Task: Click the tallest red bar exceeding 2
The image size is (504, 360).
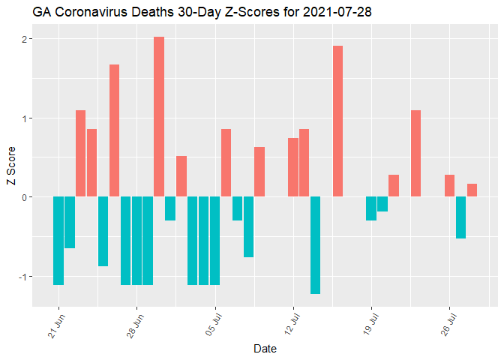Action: (x=159, y=116)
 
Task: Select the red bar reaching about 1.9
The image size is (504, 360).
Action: (x=338, y=121)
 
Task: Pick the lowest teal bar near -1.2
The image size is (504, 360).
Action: (x=316, y=245)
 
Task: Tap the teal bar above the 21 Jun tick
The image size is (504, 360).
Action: (x=58, y=241)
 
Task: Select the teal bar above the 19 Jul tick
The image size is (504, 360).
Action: (x=371, y=208)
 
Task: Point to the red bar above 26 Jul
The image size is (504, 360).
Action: (x=449, y=185)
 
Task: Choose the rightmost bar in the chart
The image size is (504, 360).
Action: (x=472, y=190)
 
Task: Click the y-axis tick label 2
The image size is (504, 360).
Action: (x=25, y=39)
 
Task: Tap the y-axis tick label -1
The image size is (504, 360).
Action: (x=22, y=276)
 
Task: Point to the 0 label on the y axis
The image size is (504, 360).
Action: (x=25, y=197)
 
